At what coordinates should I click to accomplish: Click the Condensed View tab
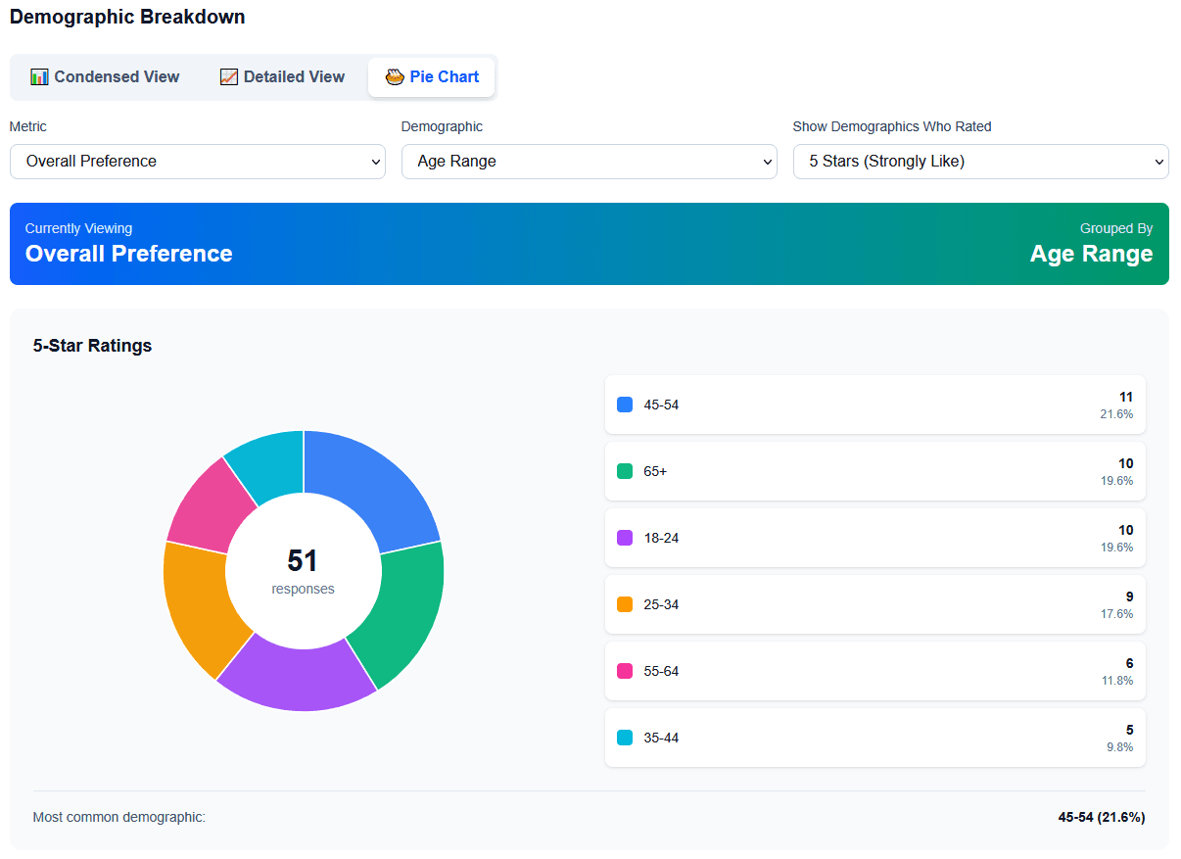(x=105, y=76)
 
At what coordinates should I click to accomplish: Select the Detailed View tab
(x=282, y=76)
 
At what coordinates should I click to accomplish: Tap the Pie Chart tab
(x=432, y=76)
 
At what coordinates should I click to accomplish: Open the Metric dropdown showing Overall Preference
(x=197, y=162)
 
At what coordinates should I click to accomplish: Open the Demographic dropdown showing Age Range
(x=589, y=162)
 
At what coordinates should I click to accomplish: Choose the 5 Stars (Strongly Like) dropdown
(x=980, y=162)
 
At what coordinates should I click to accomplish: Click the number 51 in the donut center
(x=303, y=560)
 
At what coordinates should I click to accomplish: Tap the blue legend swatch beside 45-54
(x=625, y=405)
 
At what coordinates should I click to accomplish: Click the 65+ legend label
(x=655, y=471)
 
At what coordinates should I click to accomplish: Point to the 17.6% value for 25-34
(x=1116, y=614)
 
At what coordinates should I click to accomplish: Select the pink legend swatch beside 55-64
(x=625, y=671)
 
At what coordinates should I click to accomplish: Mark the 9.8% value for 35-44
(x=1119, y=747)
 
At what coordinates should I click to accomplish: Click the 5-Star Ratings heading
(x=92, y=345)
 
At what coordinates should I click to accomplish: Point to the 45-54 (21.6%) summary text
(x=1101, y=817)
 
